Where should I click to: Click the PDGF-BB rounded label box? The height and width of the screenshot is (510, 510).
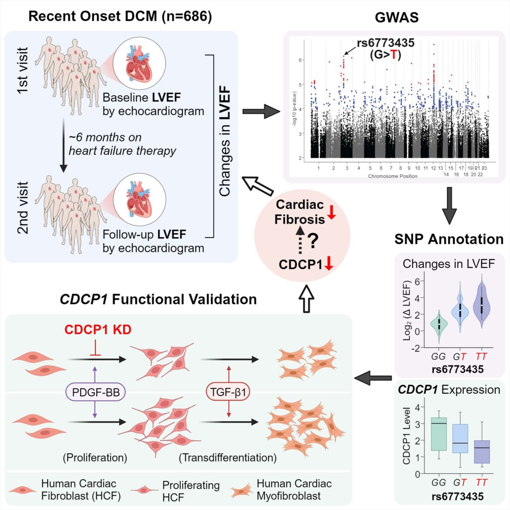point(95,392)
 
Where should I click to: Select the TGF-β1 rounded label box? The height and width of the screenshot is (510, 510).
point(228,392)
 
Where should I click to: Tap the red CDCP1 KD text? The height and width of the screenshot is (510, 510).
point(98,330)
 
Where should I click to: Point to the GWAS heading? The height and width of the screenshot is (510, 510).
point(396,17)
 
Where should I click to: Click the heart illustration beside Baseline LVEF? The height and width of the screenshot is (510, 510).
point(139,64)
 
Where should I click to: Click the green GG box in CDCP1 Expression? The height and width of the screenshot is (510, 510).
point(439,434)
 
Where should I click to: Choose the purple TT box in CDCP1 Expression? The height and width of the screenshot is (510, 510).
point(482,451)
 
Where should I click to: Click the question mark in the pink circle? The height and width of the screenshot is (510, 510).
point(313,241)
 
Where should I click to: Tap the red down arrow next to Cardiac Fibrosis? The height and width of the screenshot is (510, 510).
point(332,212)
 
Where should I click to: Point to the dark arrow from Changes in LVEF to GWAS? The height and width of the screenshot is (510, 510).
point(261,112)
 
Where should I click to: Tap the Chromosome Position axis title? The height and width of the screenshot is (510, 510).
point(392,176)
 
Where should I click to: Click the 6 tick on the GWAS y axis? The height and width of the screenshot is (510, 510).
point(300,60)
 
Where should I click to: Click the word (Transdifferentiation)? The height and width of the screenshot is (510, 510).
point(228,458)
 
